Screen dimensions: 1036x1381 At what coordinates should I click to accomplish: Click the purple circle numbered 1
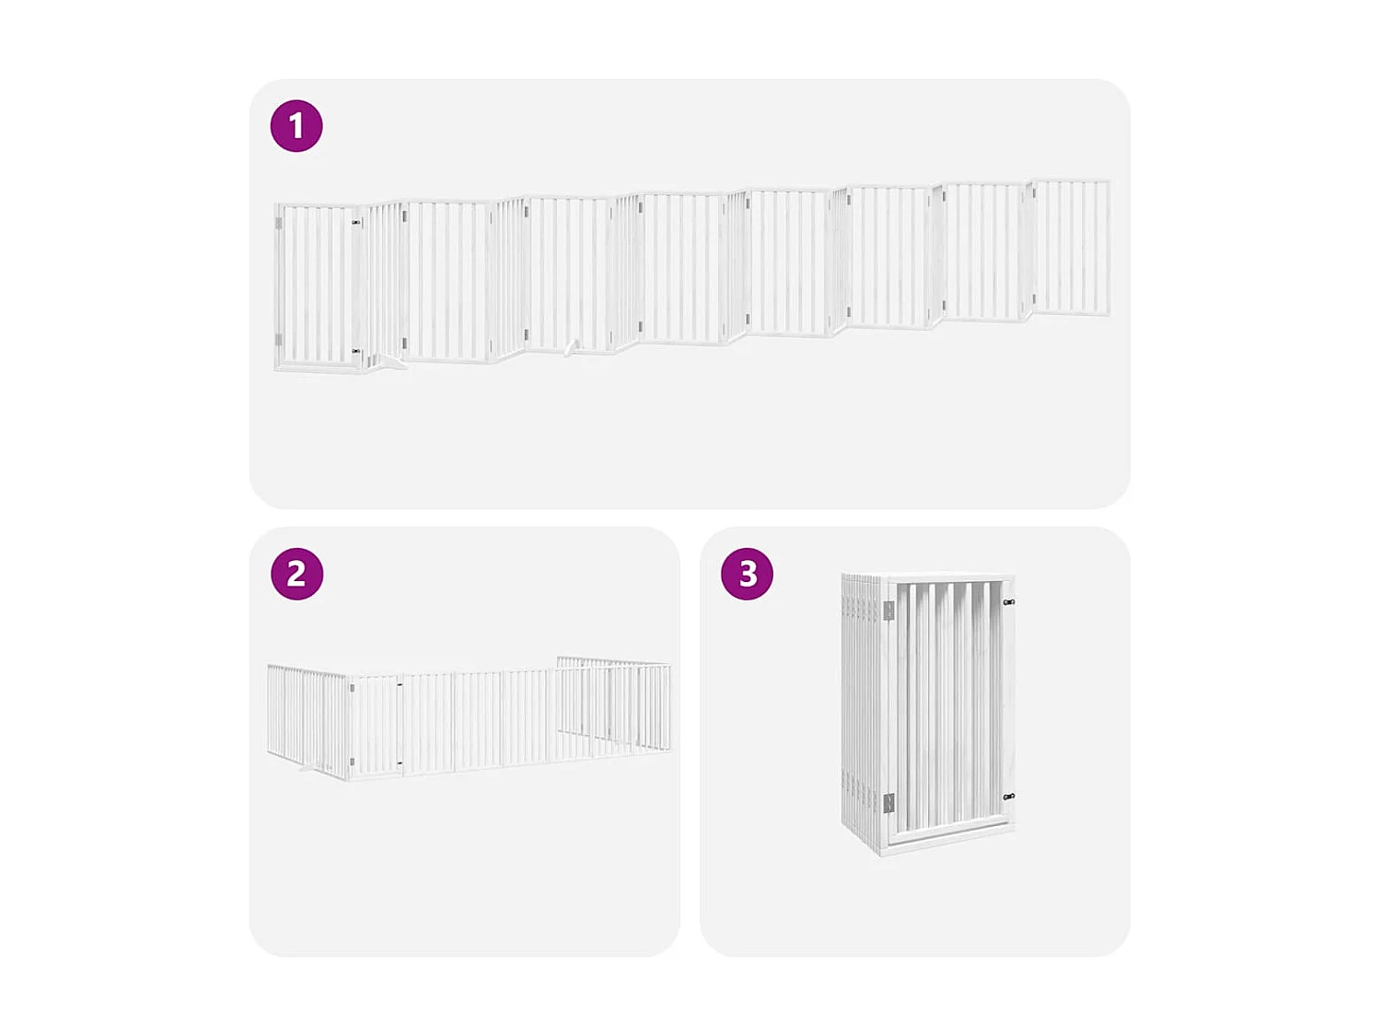(296, 126)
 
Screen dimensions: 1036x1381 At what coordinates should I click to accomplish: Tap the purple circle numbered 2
(296, 574)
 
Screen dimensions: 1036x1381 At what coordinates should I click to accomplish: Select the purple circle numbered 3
(747, 574)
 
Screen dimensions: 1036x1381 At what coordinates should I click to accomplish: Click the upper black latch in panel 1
(356, 223)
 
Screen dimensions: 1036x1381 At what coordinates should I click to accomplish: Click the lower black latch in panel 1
(356, 351)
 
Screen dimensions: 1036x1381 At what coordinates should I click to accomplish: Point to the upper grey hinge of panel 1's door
(279, 223)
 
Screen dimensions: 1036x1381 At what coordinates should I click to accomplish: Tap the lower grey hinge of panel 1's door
(279, 339)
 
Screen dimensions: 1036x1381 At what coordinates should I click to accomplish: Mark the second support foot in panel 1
(572, 348)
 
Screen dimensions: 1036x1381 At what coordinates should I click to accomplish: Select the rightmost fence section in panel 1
(1071, 247)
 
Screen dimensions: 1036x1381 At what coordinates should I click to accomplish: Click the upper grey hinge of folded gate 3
(888, 611)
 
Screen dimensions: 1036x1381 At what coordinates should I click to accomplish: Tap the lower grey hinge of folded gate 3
(888, 803)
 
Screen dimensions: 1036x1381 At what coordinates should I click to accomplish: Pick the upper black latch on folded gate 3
(1008, 602)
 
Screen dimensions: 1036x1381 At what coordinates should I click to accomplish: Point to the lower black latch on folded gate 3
(1008, 797)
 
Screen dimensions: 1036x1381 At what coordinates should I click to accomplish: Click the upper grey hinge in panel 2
(352, 688)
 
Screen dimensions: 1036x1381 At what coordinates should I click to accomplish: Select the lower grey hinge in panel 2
(352, 761)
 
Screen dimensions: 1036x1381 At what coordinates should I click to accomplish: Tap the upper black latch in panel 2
(400, 685)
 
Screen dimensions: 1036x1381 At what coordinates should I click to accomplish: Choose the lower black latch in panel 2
(400, 762)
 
